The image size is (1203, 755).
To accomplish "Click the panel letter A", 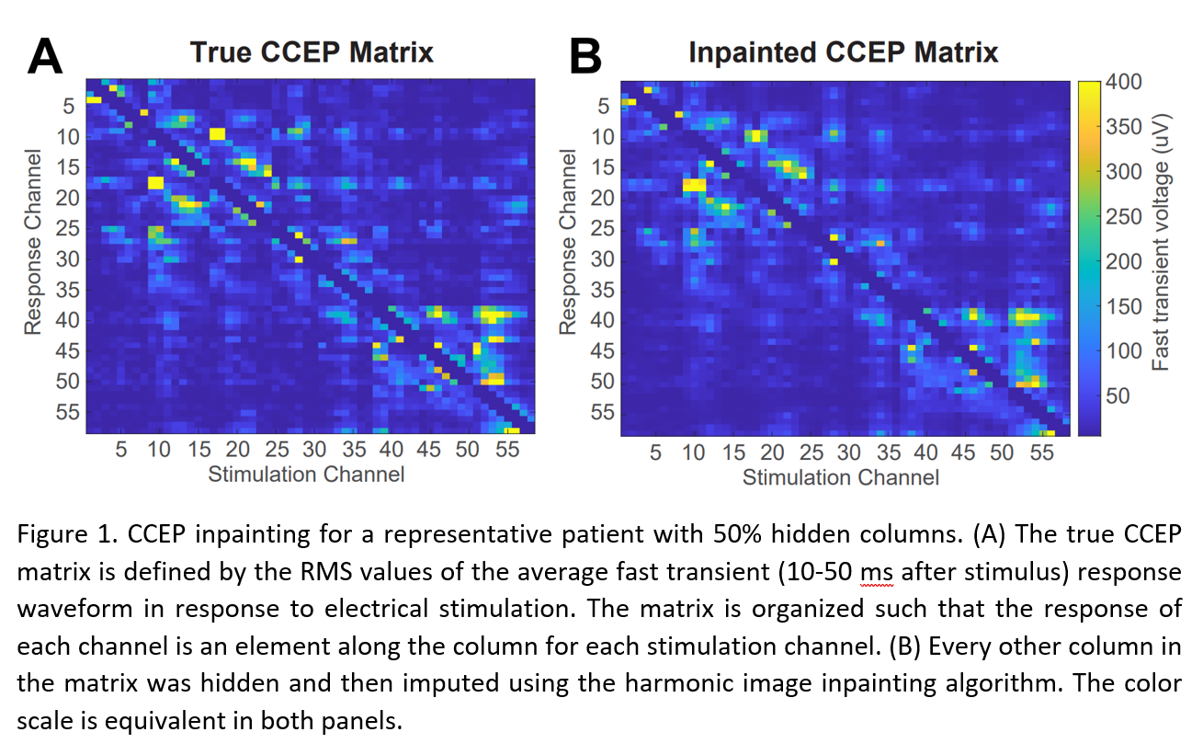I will (45, 56).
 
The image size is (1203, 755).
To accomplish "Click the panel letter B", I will (585, 56).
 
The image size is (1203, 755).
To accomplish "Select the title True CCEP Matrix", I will (312, 52).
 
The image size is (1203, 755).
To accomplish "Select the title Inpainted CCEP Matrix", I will (843, 52).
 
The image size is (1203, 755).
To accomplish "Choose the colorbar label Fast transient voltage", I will (1161, 258).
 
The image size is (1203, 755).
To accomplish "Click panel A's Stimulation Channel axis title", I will (306, 475).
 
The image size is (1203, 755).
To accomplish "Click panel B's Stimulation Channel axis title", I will (840, 477).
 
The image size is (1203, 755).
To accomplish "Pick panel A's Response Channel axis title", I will (34, 243).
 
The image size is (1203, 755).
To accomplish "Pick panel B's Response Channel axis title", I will (568, 243).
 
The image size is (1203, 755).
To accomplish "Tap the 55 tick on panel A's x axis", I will (507, 451).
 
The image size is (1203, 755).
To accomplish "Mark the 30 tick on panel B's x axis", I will (849, 452).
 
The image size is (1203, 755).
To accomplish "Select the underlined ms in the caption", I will (876, 572).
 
